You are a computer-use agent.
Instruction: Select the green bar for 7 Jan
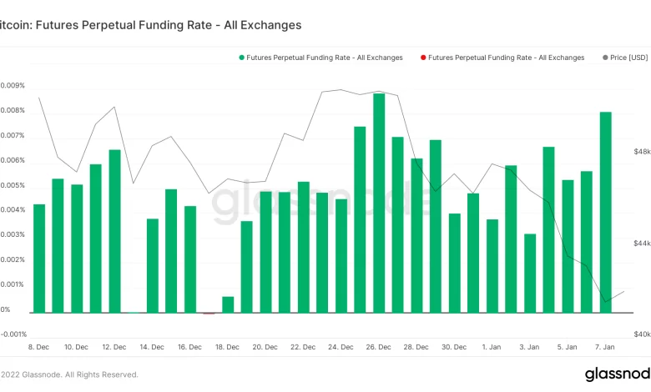coord(605,212)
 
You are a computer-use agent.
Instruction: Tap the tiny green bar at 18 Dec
coord(228,304)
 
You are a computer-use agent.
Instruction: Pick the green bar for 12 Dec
coord(114,231)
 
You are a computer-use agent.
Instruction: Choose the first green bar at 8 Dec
coord(39,258)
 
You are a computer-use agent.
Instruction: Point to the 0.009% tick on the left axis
coord(12,86)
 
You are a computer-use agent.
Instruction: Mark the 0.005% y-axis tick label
coord(12,185)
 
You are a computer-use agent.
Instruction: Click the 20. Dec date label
coord(265,346)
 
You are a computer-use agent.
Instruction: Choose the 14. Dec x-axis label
coord(151,346)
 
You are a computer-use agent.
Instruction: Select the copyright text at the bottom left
coord(69,374)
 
